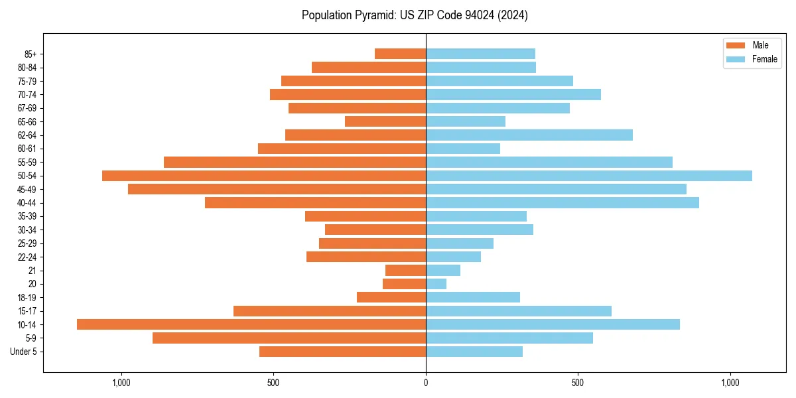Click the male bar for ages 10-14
click(251, 324)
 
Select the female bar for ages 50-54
click(589, 176)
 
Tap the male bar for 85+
click(400, 54)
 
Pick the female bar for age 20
click(436, 284)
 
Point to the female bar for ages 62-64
click(529, 135)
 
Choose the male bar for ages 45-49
click(277, 189)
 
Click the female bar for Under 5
click(474, 352)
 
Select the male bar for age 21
click(405, 271)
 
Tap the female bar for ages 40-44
click(563, 203)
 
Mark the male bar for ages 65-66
click(385, 121)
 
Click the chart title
click(415, 15)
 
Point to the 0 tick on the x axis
click(426, 383)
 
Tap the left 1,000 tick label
click(121, 383)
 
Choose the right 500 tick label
click(578, 383)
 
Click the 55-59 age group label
click(27, 163)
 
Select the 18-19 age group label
click(27, 298)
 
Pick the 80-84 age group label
click(27, 68)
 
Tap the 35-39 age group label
click(27, 216)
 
